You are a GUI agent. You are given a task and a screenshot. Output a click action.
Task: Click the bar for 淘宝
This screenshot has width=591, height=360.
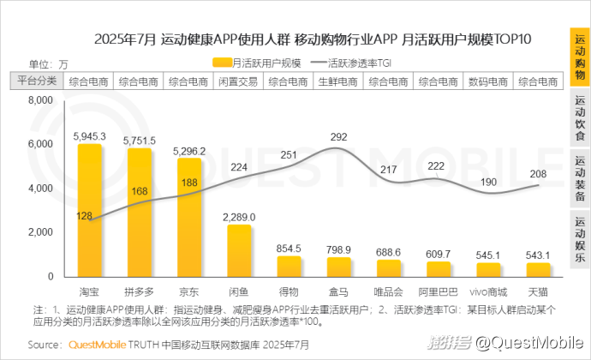coord(89,210)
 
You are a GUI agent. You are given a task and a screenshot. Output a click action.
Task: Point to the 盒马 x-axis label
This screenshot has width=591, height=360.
coord(339,291)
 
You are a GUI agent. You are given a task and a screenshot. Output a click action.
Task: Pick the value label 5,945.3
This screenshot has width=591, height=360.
coord(89,136)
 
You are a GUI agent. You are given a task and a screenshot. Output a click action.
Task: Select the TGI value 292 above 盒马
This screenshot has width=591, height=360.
coord(339,137)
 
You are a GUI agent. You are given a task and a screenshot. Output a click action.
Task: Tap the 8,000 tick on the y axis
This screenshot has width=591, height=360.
coord(41,100)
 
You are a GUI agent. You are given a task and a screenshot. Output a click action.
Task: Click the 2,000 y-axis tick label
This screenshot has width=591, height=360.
coord(41,232)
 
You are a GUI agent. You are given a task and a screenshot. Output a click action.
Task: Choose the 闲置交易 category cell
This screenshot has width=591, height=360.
coord(238,81)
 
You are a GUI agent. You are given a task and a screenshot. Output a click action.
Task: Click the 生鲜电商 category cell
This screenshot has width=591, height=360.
coord(338,81)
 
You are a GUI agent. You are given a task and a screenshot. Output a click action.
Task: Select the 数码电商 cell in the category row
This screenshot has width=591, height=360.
coord(488,81)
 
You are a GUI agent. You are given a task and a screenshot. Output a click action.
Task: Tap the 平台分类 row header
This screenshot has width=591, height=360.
coord(35,81)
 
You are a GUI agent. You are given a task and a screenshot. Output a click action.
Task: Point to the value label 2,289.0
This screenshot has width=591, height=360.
coord(239,217)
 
